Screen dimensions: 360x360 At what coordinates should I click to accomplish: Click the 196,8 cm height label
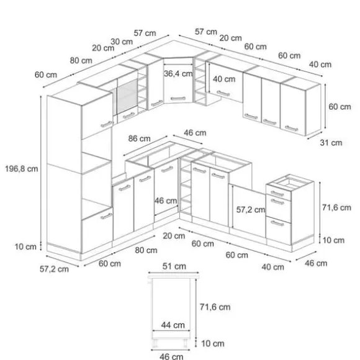(21, 169)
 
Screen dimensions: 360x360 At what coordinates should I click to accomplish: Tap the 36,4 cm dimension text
(178, 74)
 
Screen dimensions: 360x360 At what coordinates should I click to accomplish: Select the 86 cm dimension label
(140, 138)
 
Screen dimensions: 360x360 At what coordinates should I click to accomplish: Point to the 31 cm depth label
(331, 143)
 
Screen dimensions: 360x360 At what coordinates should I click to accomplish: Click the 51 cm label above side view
(174, 266)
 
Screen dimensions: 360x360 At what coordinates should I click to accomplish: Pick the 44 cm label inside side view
(173, 325)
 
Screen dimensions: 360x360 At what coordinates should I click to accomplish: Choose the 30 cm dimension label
(122, 42)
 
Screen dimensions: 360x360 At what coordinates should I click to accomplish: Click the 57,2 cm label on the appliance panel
(251, 210)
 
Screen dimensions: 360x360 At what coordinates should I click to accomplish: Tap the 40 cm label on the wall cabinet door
(224, 79)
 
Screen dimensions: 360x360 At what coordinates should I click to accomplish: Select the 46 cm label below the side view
(171, 356)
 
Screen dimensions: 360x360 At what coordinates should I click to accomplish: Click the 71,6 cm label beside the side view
(215, 307)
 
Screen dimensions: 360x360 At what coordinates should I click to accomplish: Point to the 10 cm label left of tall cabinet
(25, 247)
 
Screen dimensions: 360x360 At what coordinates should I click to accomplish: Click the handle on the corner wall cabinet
(178, 99)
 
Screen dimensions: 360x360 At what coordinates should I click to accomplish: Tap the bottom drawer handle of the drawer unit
(277, 223)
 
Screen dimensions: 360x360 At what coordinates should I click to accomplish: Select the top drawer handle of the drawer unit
(277, 194)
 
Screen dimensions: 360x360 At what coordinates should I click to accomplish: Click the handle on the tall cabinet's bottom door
(106, 216)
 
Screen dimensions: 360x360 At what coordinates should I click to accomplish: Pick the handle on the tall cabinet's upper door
(107, 124)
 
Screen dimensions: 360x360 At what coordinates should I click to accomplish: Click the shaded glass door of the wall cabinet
(127, 96)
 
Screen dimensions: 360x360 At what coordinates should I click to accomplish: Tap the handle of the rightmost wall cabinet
(291, 128)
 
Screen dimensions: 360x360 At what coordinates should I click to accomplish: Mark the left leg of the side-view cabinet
(155, 343)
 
